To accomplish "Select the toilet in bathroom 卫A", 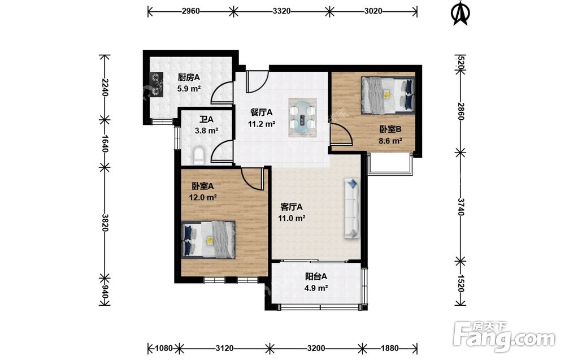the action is click(198, 155).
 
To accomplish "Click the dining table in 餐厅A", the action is click(302, 117).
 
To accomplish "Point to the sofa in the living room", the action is click(353, 208).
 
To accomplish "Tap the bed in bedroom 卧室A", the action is click(208, 240).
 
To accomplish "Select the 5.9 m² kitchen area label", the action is click(189, 88).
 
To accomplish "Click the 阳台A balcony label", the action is click(316, 277).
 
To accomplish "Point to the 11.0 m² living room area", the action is click(292, 218).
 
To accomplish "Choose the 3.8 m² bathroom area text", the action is click(206, 131).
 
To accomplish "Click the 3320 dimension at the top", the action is click(281, 11).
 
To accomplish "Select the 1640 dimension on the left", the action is click(104, 143).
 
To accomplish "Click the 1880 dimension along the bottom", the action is click(390, 348).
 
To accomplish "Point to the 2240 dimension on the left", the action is click(104, 87).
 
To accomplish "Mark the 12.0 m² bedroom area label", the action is click(203, 197).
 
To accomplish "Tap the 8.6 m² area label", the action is click(390, 141).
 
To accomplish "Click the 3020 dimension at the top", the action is click(373, 11).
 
